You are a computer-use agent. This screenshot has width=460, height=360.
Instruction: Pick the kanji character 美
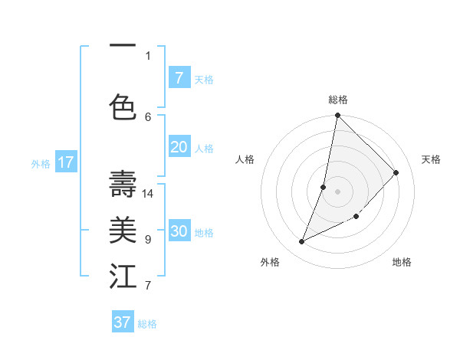coord(123,229)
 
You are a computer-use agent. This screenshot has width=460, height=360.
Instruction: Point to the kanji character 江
coord(123,276)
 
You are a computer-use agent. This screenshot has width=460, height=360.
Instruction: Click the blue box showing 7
coord(179,77)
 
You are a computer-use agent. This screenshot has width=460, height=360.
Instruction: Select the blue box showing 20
coord(179,147)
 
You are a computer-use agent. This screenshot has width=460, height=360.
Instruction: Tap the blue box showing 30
coord(179,231)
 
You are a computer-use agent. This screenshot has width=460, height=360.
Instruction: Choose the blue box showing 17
coord(65,162)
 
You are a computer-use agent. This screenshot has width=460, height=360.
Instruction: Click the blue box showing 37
coord(123,322)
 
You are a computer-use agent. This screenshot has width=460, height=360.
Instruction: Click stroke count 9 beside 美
coord(148,240)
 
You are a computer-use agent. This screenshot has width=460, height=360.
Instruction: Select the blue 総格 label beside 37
coord(147,324)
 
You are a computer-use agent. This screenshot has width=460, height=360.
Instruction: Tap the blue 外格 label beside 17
coord(40,163)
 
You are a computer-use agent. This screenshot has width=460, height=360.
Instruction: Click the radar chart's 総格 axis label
coord(338,100)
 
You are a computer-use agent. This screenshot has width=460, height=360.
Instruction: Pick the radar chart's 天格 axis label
coord(432,159)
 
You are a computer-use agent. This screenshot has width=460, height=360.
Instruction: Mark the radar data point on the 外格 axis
coord(302,242)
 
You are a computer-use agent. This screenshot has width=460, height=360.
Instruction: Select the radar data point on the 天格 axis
coord(396,172)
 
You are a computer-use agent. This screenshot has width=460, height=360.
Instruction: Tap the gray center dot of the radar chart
coord(338,191)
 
